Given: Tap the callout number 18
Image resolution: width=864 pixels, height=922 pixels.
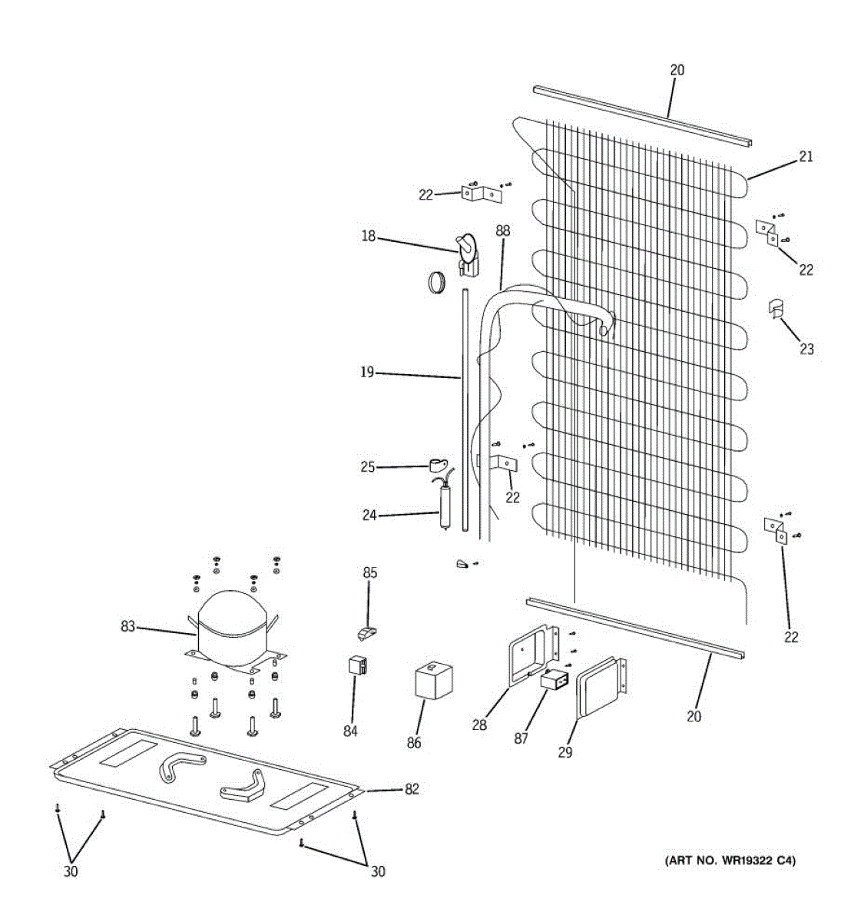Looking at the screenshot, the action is click(x=369, y=236).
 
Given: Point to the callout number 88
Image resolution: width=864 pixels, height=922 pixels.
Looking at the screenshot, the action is click(x=503, y=230).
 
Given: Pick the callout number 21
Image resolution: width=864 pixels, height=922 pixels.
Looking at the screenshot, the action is click(x=806, y=157).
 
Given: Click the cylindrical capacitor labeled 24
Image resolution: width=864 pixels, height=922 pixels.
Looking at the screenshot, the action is click(x=445, y=506).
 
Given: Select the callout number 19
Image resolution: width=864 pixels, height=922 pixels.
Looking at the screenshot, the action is click(x=367, y=373).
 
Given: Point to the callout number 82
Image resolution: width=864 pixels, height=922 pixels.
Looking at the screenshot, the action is click(x=412, y=789).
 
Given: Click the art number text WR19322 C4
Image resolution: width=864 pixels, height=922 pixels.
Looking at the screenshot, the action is click(x=730, y=861).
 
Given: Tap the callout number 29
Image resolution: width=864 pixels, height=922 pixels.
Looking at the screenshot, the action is click(x=565, y=752).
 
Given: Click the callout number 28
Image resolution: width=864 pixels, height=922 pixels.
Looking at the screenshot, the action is click(x=479, y=725).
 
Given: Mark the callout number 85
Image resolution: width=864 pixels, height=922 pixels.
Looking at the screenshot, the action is click(x=370, y=572).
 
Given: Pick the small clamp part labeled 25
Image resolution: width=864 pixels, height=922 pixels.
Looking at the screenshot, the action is click(x=438, y=464).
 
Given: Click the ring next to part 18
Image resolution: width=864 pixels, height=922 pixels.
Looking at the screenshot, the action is click(x=438, y=282).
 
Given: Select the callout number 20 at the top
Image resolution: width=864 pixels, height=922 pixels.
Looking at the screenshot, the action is click(x=677, y=70).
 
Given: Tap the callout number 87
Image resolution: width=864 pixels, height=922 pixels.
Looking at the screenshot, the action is click(x=521, y=738).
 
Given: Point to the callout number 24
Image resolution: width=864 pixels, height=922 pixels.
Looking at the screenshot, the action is click(x=369, y=516).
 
